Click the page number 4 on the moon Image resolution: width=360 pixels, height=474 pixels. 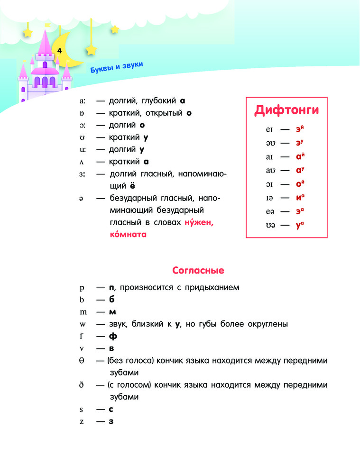[x=59, y=50]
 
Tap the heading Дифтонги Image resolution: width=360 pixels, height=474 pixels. [x=286, y=110]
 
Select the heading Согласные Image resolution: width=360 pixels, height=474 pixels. [x=198, y=271]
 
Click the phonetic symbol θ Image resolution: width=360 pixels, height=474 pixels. [x=82, y=361]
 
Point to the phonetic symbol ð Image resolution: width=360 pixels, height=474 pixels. [x=82, y=385]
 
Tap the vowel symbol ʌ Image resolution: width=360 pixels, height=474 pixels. [x=82, y=162]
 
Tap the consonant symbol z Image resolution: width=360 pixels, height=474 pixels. [x=82, y=421]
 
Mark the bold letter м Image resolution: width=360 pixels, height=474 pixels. [x=112, y=312]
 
